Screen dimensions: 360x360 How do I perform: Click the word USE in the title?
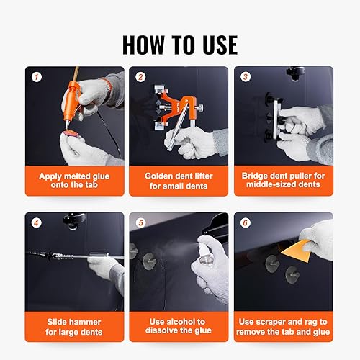(x=220, y=45)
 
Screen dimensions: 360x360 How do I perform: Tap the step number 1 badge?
(x=37, y=77)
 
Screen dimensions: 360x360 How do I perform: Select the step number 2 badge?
(x=140, y=77)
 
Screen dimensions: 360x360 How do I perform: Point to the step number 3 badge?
(x=246, y=77)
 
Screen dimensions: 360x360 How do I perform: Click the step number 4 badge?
(x=36, y=223)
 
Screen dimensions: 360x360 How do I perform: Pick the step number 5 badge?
(x=140, y=222)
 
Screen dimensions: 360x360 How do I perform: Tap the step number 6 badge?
(x=246, y=222)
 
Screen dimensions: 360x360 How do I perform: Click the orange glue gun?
(x=71, y=101)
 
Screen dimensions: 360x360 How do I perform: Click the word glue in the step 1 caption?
(x=100, y=176)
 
